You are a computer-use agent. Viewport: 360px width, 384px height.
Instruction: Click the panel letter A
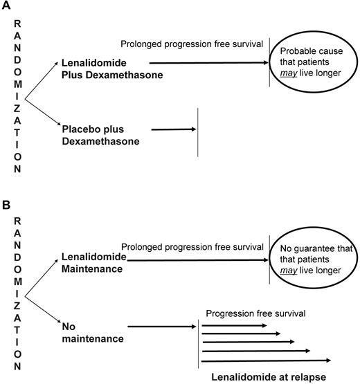pos(6,6)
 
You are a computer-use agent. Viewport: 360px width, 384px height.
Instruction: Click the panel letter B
pos(6,205)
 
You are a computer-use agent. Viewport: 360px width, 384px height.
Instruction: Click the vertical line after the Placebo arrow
pos(199,132)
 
